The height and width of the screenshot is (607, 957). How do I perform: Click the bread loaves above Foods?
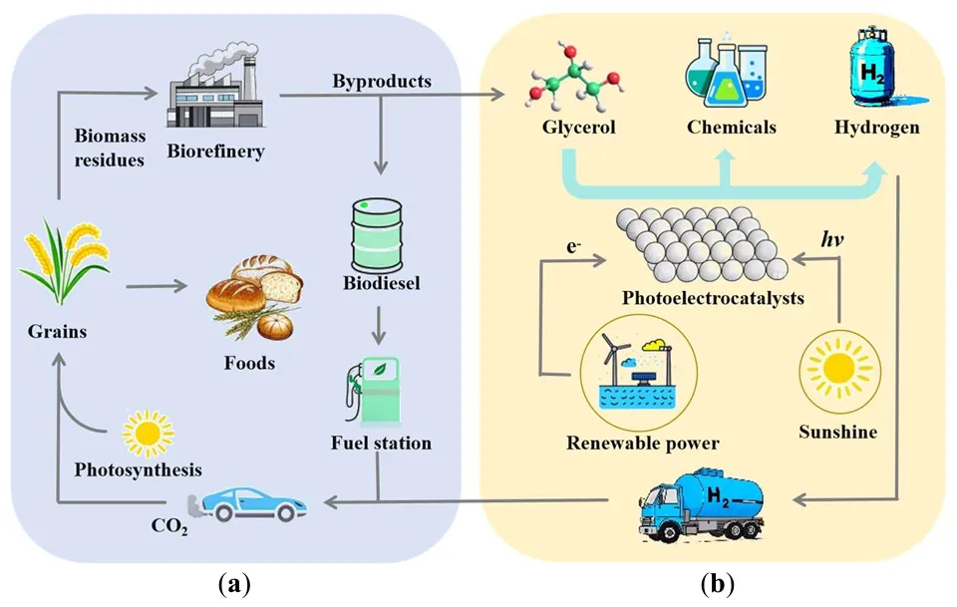tap(253, 296)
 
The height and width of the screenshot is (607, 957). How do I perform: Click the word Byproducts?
tap(382, 81)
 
